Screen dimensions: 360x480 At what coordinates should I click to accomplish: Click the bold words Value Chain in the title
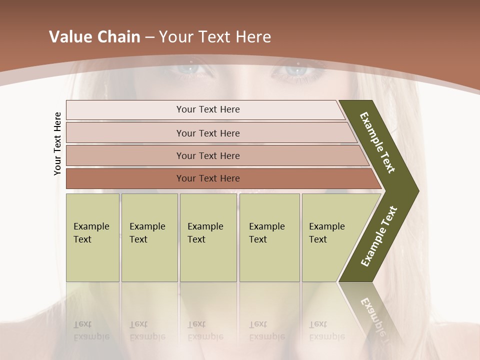(94, 37)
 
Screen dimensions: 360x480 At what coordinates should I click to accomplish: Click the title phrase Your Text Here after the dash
(215, 37)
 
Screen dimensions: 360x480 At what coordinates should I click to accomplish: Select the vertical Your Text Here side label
(57, 143)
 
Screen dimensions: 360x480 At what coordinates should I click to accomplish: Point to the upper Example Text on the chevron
(377, 142)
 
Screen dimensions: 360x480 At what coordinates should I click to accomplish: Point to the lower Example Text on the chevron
(378, 236)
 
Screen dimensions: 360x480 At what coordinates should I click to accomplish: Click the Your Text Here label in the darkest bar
(208, 178)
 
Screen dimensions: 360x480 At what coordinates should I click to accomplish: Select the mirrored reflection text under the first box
(91, 330)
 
